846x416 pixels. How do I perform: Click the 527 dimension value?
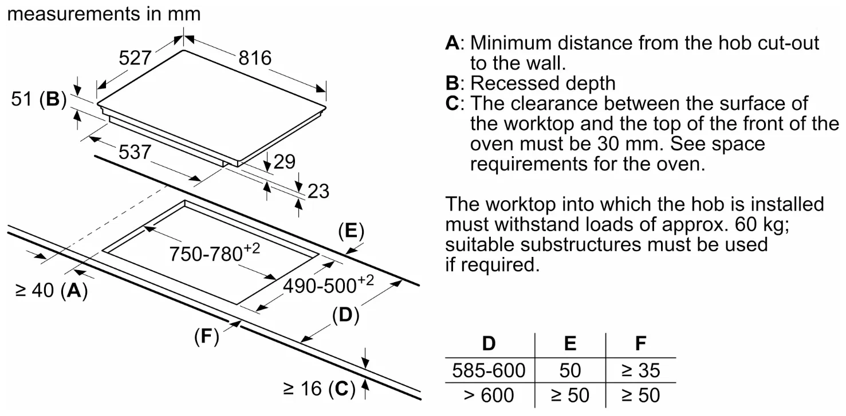point(135,58)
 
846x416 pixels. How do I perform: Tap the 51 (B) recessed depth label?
point(38,100)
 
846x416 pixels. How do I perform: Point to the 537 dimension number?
point(135,152)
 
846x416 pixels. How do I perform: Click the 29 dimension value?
point(284,162)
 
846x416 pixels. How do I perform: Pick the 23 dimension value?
point(318,191)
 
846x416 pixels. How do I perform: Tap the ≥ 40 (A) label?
point(51,291)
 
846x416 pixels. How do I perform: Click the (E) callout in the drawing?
point(351,232)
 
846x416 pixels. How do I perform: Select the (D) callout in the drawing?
point(345,316)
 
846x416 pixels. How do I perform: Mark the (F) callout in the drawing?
point(207,337)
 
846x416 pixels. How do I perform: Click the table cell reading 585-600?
point(489,370)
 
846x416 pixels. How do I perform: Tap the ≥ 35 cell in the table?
point(640,370)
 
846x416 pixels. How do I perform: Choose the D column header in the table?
point(489,343)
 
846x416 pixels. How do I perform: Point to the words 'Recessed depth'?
point(542,84)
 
